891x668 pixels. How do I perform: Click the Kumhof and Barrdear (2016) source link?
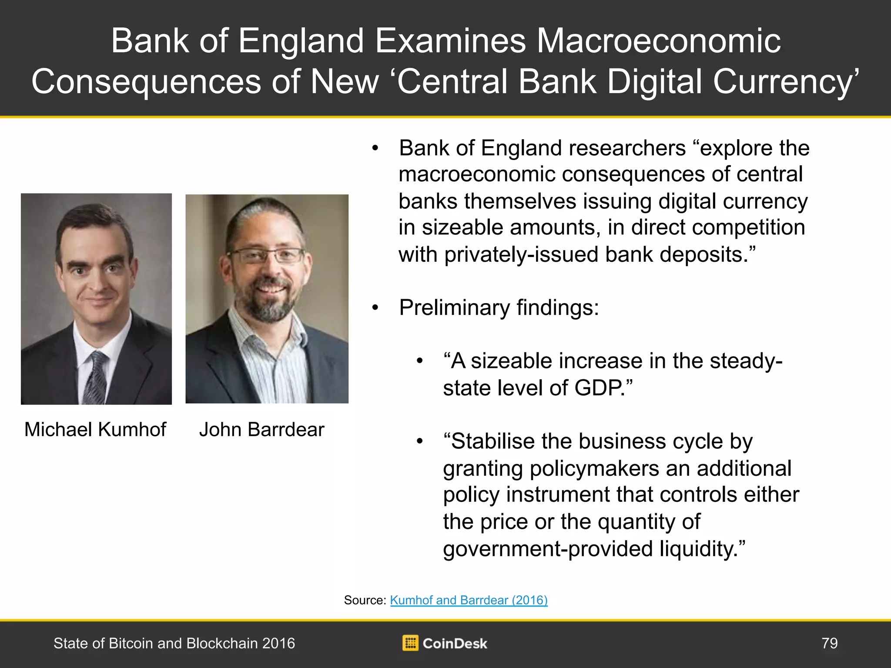coord(469,600)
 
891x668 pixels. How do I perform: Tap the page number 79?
coord(830,643)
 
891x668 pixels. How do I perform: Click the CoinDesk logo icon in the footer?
coord(410,643)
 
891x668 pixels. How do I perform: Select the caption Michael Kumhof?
coord(95,430)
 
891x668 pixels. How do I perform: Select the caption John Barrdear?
coord(262,430)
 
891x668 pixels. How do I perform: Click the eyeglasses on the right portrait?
coord(266,255)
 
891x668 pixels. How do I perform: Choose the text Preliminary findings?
coord(499,308)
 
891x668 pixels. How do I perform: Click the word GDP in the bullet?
coord(598,388)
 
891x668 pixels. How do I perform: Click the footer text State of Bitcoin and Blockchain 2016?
coord(174,643)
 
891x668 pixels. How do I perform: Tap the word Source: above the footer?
coord(365,600)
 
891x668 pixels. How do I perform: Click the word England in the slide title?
coord(301,41)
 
